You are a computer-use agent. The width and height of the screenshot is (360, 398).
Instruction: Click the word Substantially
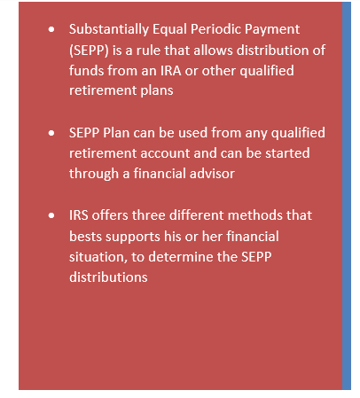coord(109,30)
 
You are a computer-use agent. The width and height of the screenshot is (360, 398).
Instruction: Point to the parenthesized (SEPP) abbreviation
coord(89,51)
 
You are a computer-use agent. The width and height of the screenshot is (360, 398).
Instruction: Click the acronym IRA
coord(171,71)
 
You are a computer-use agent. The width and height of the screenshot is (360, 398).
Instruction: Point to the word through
coord(94,174)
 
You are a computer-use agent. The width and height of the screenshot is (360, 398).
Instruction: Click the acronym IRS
coord(79,215)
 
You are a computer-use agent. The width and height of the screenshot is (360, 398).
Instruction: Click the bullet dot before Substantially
coord(51,29)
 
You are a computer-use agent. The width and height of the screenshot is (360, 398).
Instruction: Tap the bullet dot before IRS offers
coord(51,215)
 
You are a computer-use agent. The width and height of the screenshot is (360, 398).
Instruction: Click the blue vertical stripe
coord(347,196)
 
